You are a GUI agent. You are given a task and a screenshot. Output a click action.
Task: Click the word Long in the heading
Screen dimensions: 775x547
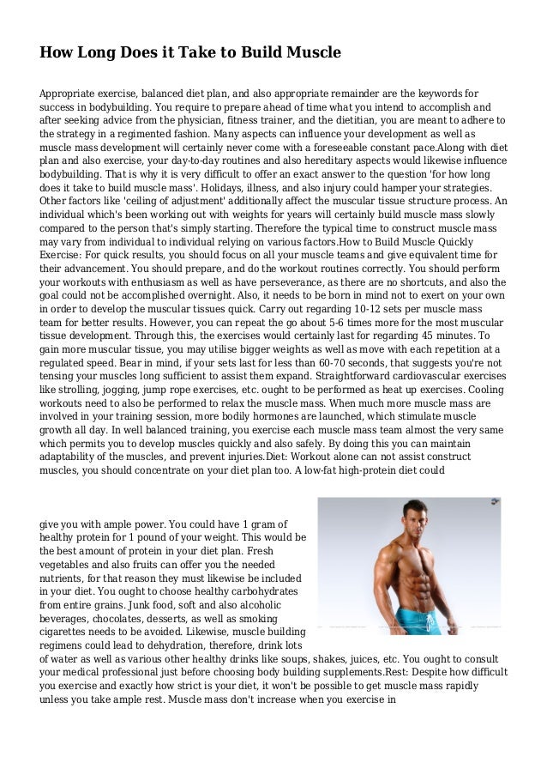[x=104, y=53]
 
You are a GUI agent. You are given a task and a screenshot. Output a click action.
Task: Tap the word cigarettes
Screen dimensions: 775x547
[x=68, y=633]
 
